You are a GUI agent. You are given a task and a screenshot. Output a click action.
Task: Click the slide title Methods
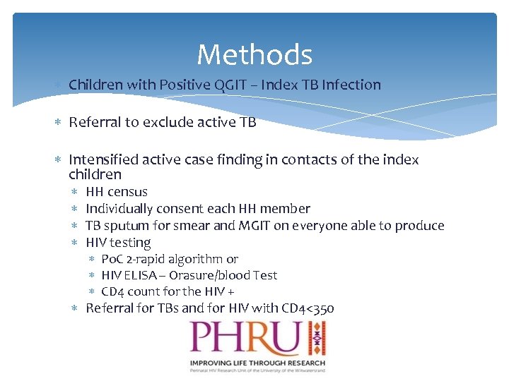click(255, 54)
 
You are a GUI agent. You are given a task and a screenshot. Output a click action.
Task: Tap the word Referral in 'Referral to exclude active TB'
click(95, 123)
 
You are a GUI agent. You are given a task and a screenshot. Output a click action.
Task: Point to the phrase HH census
click(117, 192)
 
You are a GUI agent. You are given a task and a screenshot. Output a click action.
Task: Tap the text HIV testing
click(118, 243)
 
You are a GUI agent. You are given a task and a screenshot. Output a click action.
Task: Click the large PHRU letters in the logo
click(244, 339)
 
